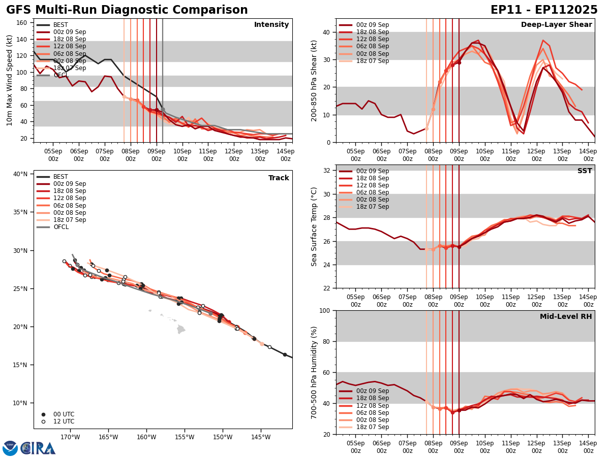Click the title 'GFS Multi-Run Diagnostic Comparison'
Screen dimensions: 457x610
point(127,10)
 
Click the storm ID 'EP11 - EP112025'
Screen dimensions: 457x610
point(544,10)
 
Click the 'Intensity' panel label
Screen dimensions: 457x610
point(271,25)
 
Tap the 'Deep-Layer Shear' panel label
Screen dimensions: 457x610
point(556,25)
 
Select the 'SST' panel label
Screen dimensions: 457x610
point(585,171)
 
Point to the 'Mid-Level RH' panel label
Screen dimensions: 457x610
point(566,317)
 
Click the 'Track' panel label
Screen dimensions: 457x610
point(279,178)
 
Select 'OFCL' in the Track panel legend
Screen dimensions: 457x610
point(60,227)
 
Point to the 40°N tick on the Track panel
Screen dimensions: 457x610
point(20,174)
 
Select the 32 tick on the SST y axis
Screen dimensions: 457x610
point(327,170)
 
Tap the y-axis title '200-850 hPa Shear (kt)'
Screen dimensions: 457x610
point(315,80)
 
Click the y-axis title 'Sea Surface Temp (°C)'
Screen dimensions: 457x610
point(315,226)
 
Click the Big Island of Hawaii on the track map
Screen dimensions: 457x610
point(181,330)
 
